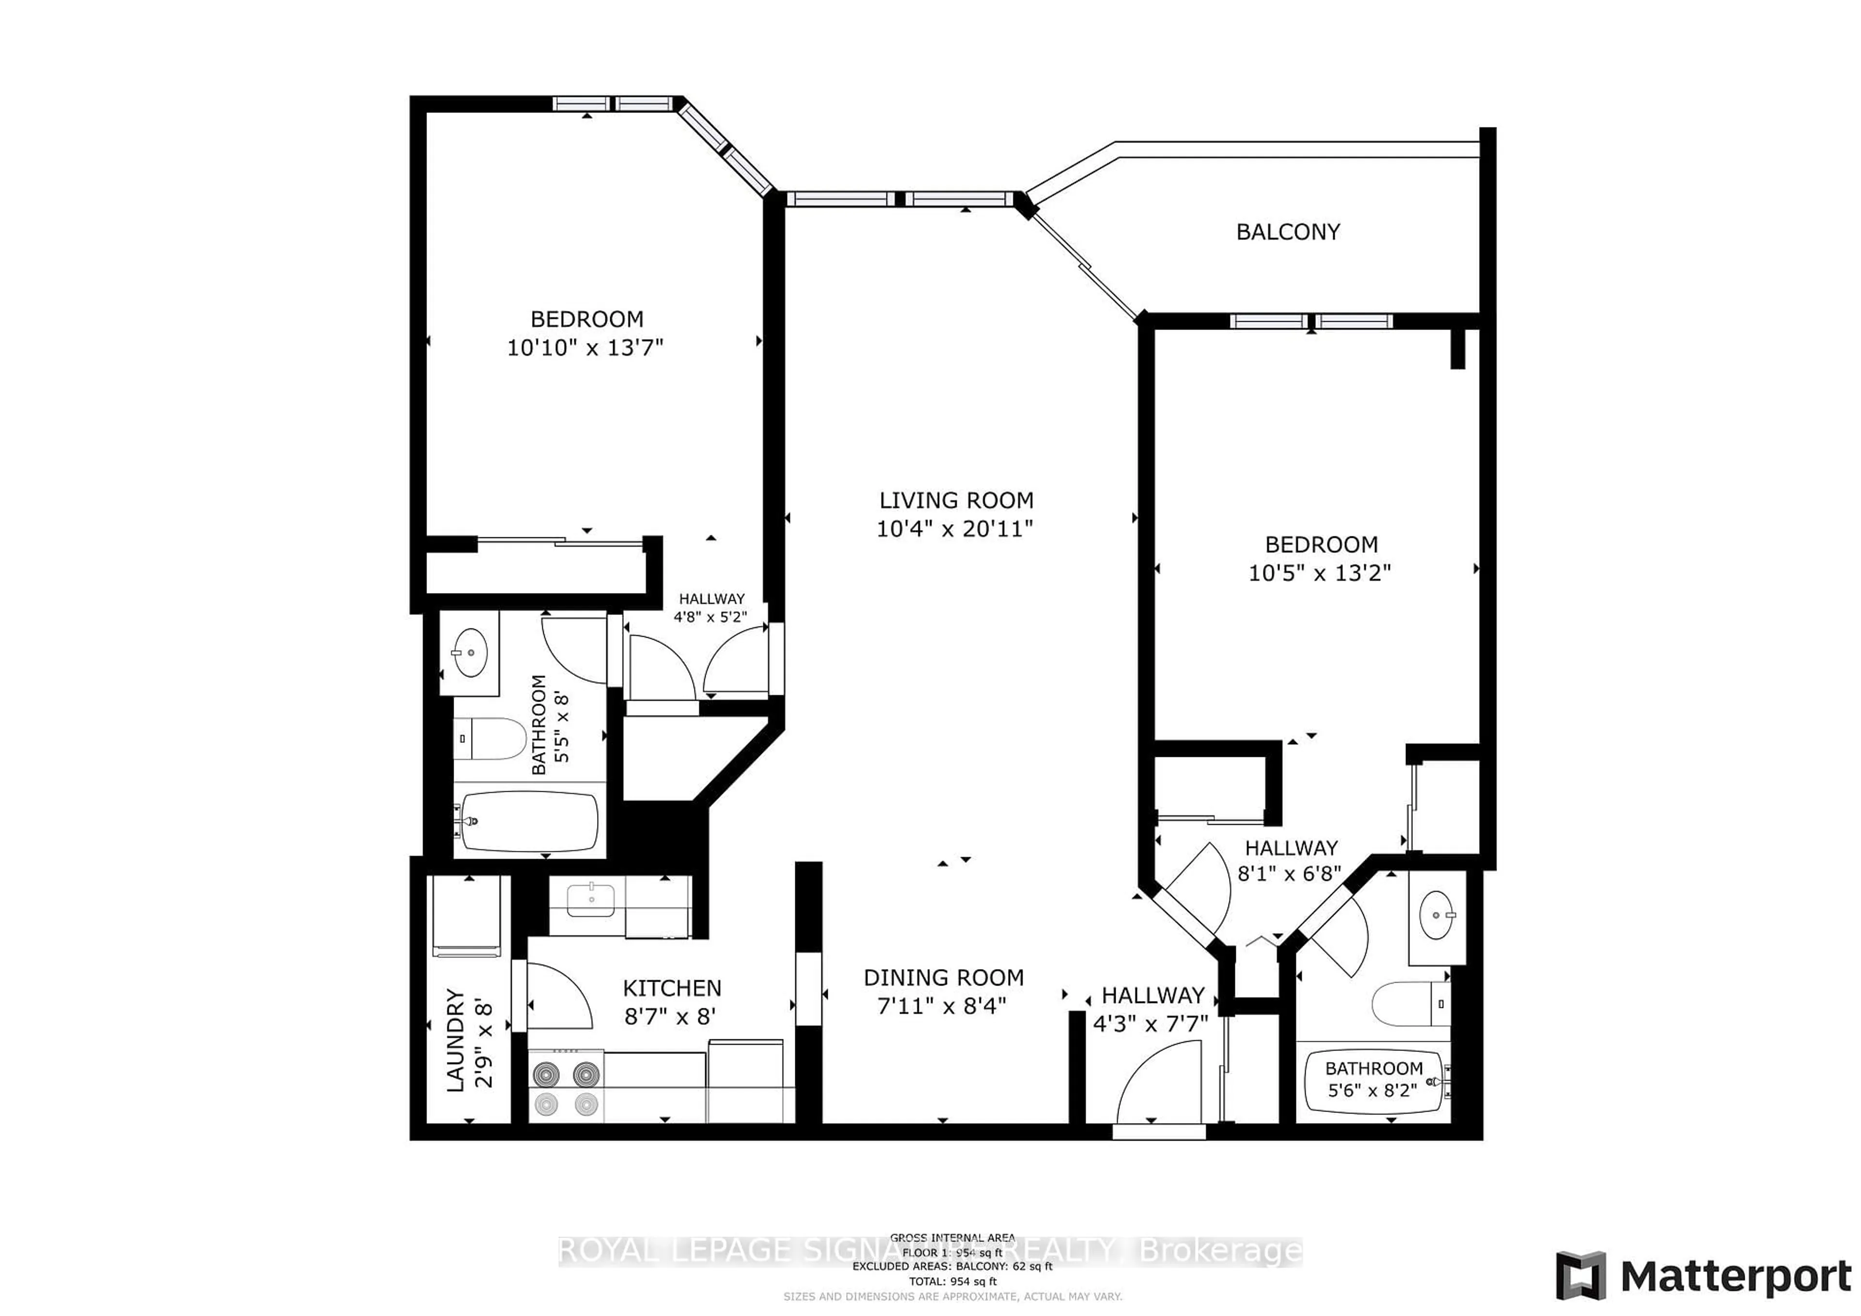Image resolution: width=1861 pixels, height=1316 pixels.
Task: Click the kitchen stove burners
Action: (x=566, y=1087)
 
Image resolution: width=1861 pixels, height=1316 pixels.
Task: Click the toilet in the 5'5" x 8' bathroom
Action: (x=489, y=738)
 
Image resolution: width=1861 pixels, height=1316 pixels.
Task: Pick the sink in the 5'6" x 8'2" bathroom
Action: (x=1437, y=916)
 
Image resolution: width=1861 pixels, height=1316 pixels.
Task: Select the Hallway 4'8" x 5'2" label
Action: (x=711, y=607)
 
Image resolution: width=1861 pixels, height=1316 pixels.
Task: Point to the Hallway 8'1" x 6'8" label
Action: (x=1291, y=861)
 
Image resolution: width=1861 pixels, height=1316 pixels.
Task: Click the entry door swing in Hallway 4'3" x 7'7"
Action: (x=1155, y=1086)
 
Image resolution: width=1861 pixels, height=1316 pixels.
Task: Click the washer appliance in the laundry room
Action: (x=467, y=916)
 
